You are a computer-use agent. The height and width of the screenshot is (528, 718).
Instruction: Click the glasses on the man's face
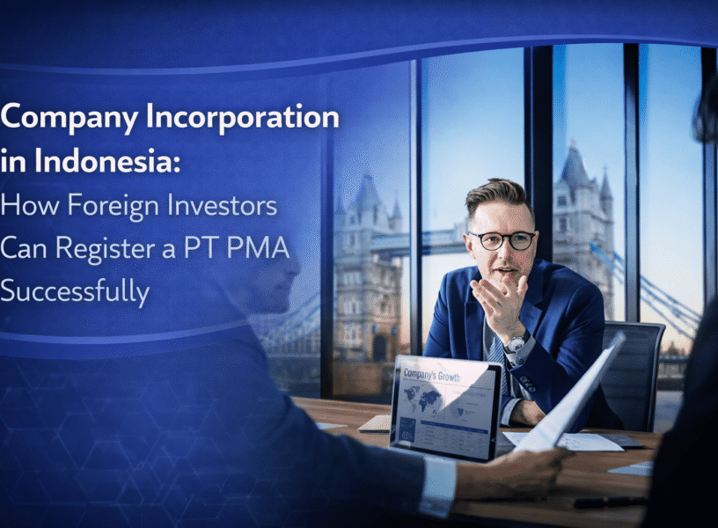[x=502, y=239]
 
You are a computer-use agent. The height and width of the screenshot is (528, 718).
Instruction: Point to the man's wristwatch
[x=517, y=341]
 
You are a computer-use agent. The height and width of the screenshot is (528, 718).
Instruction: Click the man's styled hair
[x=498, y=195]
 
